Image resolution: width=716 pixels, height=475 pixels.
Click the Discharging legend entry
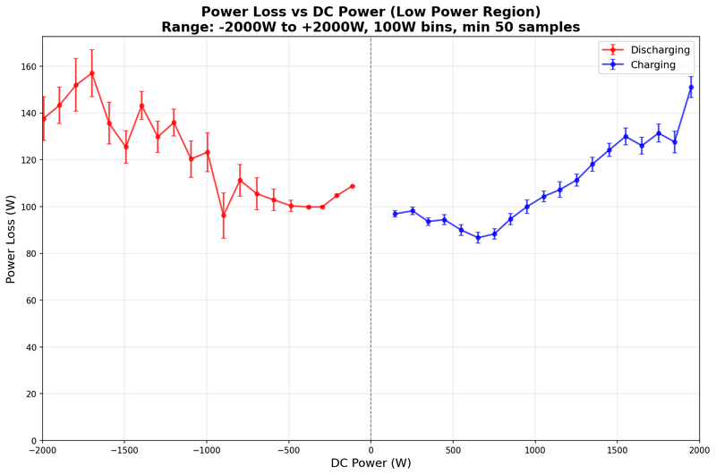pos(661,49)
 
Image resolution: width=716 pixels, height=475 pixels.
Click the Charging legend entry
pos(653,64)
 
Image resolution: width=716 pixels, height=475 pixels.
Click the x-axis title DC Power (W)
pos(371,463)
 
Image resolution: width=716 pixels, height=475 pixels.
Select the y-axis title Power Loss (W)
pos(12,239)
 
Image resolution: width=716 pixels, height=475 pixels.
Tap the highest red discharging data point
pos(91,73)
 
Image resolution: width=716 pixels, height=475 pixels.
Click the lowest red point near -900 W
pos(224,215)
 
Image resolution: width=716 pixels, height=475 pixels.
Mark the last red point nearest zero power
pos(353,186)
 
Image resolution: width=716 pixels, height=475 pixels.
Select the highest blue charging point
pos(691,87)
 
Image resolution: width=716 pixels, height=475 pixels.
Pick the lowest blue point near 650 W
pos(478,238)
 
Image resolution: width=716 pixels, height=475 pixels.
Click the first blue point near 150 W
pos(395,214)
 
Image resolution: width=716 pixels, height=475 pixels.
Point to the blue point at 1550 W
pos(626,136)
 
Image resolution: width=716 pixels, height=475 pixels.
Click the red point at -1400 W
pos(141,106)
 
